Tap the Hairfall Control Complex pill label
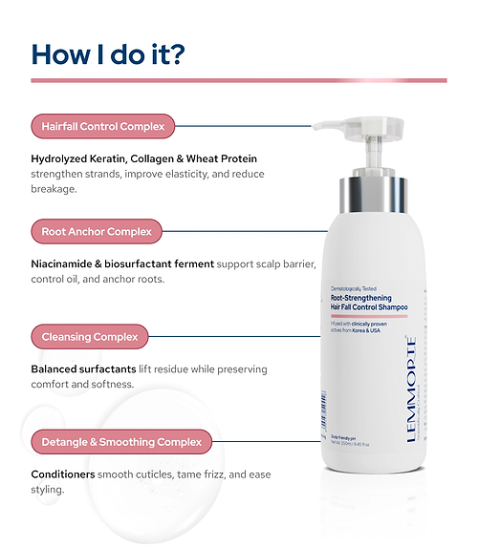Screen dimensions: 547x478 click(102, 125)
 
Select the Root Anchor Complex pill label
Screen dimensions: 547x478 click(97, 231)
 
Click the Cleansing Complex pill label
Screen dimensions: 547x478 click(89, 336)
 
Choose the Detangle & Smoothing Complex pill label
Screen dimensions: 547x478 click(120, 442)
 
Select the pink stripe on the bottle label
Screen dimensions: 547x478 click(362, 316)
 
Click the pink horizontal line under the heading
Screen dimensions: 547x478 click(239, 80)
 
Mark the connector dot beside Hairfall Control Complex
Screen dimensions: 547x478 click(310, 125)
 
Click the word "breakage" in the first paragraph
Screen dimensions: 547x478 click(54, 188)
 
